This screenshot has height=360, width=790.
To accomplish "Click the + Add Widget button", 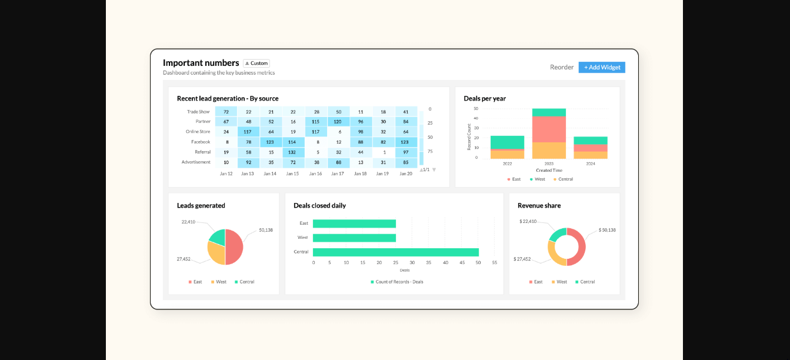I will point(602,67).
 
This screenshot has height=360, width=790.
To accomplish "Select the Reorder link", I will point(562,67).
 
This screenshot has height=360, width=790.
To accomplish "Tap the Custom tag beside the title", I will point(256,63).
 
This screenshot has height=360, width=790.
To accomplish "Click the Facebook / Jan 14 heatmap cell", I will point(270,142).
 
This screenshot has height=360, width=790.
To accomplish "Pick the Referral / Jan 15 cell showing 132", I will point(292,152).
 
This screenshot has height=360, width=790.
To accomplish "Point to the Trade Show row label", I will point(198,111).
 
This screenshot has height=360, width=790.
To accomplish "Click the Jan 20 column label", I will point(405,174).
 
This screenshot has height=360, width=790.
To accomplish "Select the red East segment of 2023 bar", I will point(549,129).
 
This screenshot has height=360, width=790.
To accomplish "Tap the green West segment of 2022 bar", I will point(507,142).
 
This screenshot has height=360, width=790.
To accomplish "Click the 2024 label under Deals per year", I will point(590,164).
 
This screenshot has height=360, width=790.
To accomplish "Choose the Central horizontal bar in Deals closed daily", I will point(395,252).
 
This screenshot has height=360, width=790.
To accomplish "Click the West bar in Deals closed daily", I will point(354,238).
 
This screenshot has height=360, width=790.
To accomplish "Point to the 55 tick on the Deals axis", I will point(494,262).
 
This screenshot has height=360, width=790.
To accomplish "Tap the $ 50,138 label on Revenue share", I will point(607,230).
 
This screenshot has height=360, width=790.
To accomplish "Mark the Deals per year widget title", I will point(485,98).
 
